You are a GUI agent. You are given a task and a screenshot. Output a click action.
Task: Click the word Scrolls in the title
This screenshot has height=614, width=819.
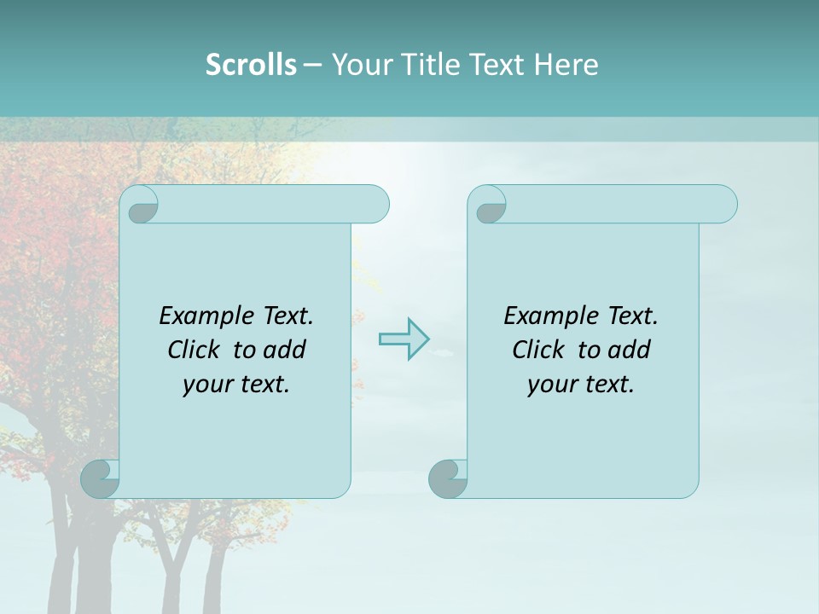tap(251, 65)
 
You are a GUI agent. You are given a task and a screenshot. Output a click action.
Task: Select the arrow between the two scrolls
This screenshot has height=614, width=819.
tap(404, 339)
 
